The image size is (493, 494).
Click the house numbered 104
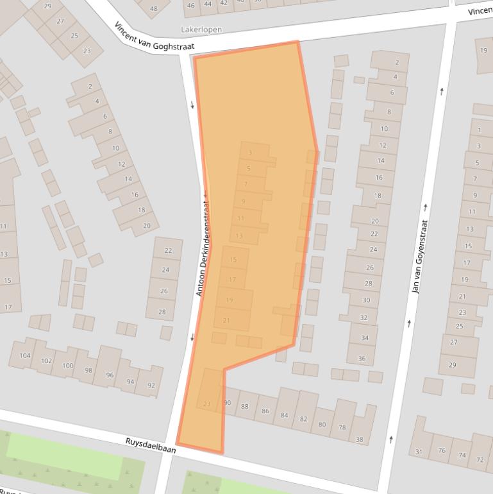point(25,355)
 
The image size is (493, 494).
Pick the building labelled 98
point(88,370)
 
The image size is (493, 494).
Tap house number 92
point(151,385)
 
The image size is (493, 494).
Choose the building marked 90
point(227,403)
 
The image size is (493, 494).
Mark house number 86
point(265,411)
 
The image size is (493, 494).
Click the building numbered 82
point(303,418)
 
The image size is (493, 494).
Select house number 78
point(342,427)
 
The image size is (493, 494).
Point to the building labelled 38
point(360,439)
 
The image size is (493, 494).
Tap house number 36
point(362,359)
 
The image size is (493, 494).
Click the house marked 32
point(364,318)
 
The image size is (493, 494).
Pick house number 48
point(153,8)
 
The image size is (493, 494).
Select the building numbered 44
point(207,4)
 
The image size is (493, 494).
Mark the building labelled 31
point(419,452)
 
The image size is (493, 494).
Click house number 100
point(67,366)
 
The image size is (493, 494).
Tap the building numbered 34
point(364,337)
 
